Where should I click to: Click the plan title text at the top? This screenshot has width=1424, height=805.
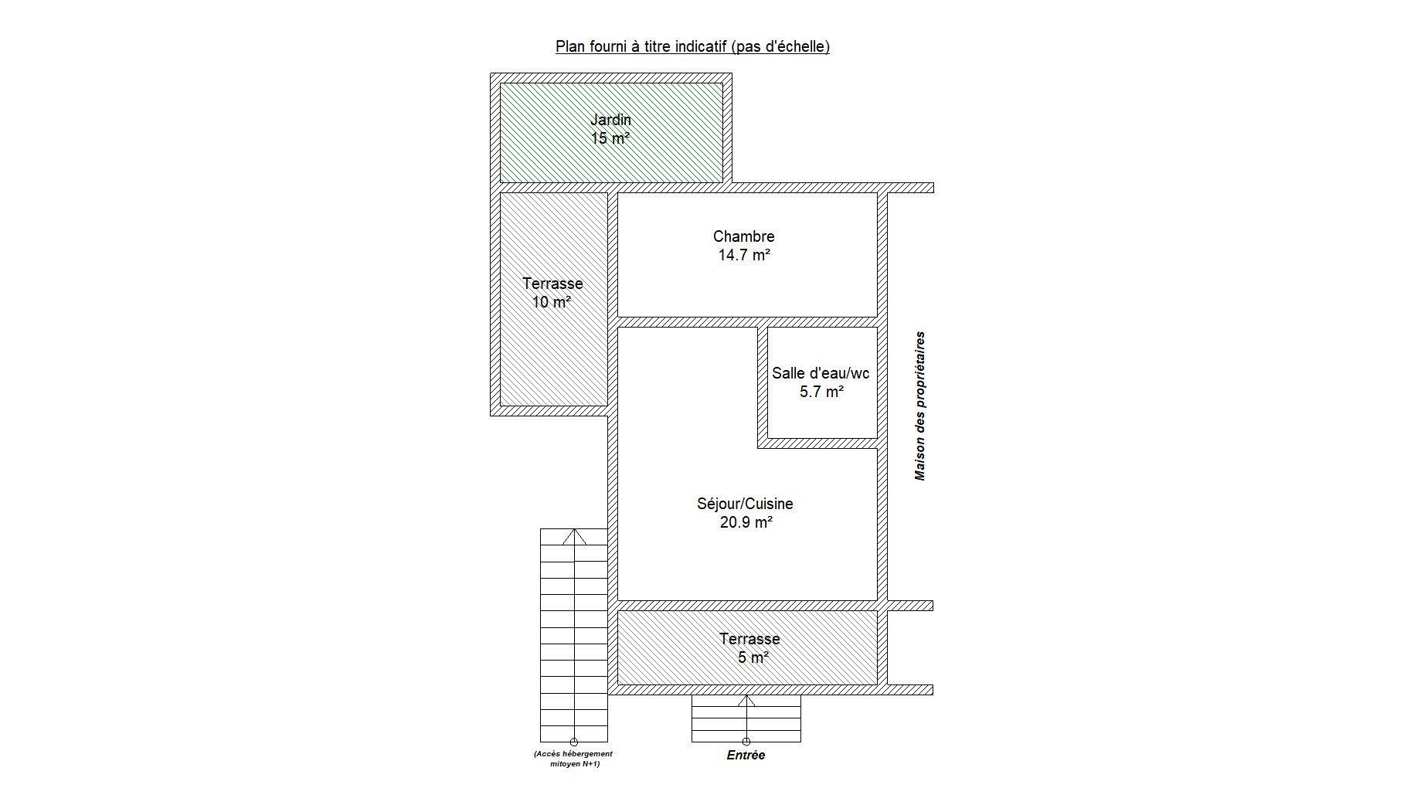tap(692, 46)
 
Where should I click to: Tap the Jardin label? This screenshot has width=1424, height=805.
tap(610, 120)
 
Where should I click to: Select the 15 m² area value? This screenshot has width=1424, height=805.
tap(610, 138)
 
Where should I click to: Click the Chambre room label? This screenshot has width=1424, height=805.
tap(743, 236)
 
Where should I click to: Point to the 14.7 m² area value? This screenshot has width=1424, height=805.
tap(744, 255)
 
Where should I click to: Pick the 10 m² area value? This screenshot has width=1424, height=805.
tap(552, 302)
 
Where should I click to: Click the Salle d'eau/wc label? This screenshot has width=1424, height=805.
tap(821, 373)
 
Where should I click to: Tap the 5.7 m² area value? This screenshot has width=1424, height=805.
tap(821, 392)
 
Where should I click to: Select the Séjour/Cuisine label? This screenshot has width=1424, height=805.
tap(745, 504)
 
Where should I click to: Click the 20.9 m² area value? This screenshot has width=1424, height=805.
tap(746, 522)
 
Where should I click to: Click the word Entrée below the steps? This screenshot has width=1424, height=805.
tap(746, 756)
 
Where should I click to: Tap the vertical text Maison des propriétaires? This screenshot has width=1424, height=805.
tap(919, 406)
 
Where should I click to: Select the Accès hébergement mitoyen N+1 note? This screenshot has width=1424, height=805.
tap(573, 759)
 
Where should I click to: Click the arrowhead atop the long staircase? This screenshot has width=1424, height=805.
tap(574, 536)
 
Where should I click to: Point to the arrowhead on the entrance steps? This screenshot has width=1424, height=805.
tap(746, 701)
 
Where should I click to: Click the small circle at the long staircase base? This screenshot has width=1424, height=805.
tap(574, 742)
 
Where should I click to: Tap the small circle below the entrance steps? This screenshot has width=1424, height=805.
tap(746, 742)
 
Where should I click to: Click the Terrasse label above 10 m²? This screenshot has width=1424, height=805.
tap(552, 284)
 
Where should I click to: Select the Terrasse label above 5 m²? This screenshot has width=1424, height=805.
tap(749, 639)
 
